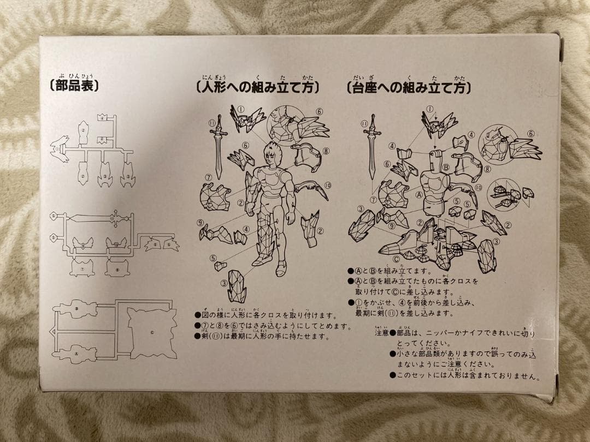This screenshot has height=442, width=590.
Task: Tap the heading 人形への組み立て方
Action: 257,87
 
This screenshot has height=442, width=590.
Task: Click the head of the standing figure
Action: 272,156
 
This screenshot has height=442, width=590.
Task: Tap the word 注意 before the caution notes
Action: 381,332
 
